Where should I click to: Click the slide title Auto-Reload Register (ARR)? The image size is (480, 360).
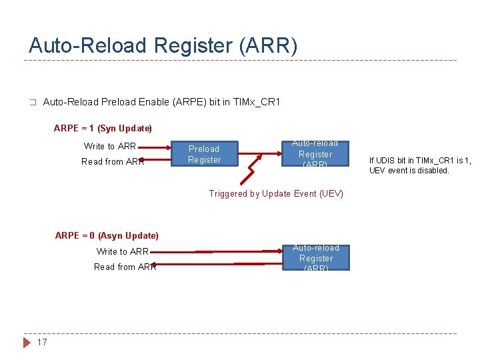[x=163, y=45]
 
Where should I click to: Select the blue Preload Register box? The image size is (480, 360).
[x=204, y=154]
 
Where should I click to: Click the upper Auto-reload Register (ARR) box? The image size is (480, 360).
[x=315, y=154]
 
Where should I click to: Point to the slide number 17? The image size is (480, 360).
[x=42, y=343]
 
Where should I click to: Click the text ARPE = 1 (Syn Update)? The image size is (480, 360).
[x=103, y=128]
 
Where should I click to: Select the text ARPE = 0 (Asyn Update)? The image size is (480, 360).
[x=107, y=235]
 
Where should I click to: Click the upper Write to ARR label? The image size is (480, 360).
[x=109, y=146]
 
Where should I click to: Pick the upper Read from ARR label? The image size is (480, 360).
[x=112, y=161]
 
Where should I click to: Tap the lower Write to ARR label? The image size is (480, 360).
[x=122, y=251]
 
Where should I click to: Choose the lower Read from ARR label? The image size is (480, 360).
[x=125, y=267]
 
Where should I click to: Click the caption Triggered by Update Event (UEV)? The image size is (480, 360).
[x=276, y=194]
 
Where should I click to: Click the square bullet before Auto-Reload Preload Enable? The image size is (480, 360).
[x=31, y=103]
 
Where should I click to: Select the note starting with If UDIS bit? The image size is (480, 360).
[x=420, y=165]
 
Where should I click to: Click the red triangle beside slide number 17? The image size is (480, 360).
[x=27, y=343]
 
